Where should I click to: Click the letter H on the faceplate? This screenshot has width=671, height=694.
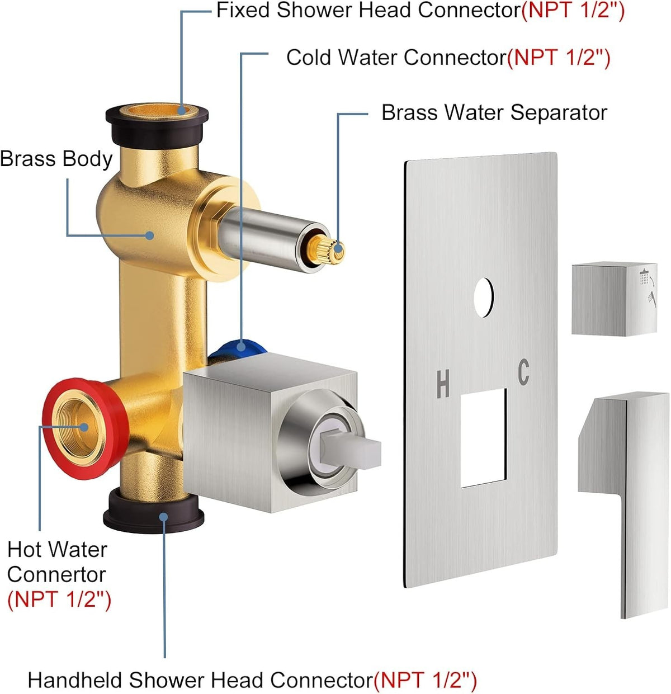coord(442,384)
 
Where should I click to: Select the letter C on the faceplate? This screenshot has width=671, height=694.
coord(523,372)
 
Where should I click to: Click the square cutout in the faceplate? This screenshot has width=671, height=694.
coord(484,437)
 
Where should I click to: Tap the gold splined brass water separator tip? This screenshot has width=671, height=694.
coord(327,249)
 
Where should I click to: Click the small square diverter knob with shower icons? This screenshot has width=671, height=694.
coord(614,299)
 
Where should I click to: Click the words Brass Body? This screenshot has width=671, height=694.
coord(56,159)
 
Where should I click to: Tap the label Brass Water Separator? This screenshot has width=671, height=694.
coord(494,113)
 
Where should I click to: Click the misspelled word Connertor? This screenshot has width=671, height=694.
coord(56,574)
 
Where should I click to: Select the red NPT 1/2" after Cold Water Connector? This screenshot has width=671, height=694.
coord(559,58)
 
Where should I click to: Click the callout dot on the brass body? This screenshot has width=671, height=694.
coord(150,235)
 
